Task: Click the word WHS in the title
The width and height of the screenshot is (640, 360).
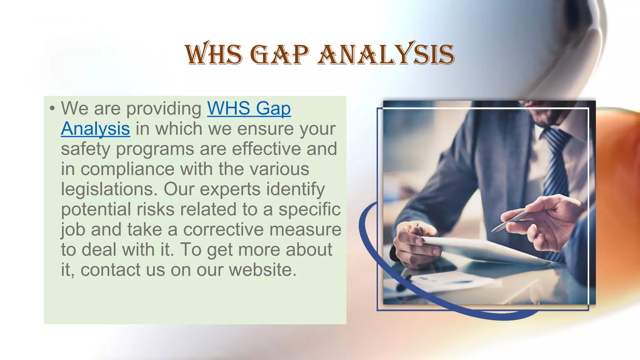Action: tap(213, 54)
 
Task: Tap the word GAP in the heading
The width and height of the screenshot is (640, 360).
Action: tap(280, 55)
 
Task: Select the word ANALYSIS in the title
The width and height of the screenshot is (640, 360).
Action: tap(386, 54)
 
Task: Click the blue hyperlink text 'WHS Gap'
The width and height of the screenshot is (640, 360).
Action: tap(249, 108)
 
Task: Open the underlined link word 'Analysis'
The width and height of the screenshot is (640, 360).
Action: tap(95, 129)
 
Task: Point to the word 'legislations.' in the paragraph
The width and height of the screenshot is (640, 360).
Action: tap(109, 189)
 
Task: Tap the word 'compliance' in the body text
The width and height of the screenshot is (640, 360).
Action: tap(127, 169)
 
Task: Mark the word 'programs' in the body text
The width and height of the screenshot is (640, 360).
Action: tap(155, 149)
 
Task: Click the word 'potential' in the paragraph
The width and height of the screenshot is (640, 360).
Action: tap(96, 209)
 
